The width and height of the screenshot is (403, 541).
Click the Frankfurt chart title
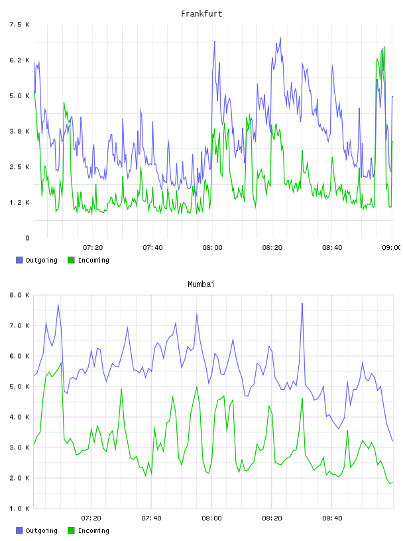click(x=201, y=14)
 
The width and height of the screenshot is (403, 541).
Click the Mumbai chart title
click(x=201, y=284)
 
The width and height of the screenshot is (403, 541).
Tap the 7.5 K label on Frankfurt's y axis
click(x=19, y=25)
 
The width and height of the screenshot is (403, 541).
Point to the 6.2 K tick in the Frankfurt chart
click(x=19, y=60)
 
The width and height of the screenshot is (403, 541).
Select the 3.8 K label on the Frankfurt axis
click(x=19, y=131)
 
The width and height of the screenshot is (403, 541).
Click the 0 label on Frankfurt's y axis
click(x=27, y=238)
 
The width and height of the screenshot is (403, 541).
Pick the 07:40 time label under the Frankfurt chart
click(x=152, y=247)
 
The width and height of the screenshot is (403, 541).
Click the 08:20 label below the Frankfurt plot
click(x=272, y=247)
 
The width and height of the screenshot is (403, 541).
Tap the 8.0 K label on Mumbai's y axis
click(x=19, y=295)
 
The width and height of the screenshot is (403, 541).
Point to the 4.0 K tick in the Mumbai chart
click(x=19, y=417)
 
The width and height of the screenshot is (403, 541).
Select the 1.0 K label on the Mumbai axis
click(x=19, y=509)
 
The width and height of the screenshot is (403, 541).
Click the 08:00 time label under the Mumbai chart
click(x=212, y=518)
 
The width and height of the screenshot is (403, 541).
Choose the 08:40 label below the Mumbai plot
click(x=332, y=518)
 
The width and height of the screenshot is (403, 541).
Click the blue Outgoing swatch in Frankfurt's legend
click(x=19, y=260)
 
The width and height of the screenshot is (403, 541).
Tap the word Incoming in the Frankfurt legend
click(x=93, y=260)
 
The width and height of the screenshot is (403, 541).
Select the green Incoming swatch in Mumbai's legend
click(x=71, y=530)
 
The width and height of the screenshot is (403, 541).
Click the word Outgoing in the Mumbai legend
click(x=41, y=530)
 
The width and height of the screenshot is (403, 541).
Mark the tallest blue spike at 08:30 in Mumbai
click(x=302, y=304)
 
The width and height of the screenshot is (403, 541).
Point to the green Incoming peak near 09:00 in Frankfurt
click(x=384, y=47)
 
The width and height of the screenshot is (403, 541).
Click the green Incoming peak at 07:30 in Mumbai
click(x=121, y=389)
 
